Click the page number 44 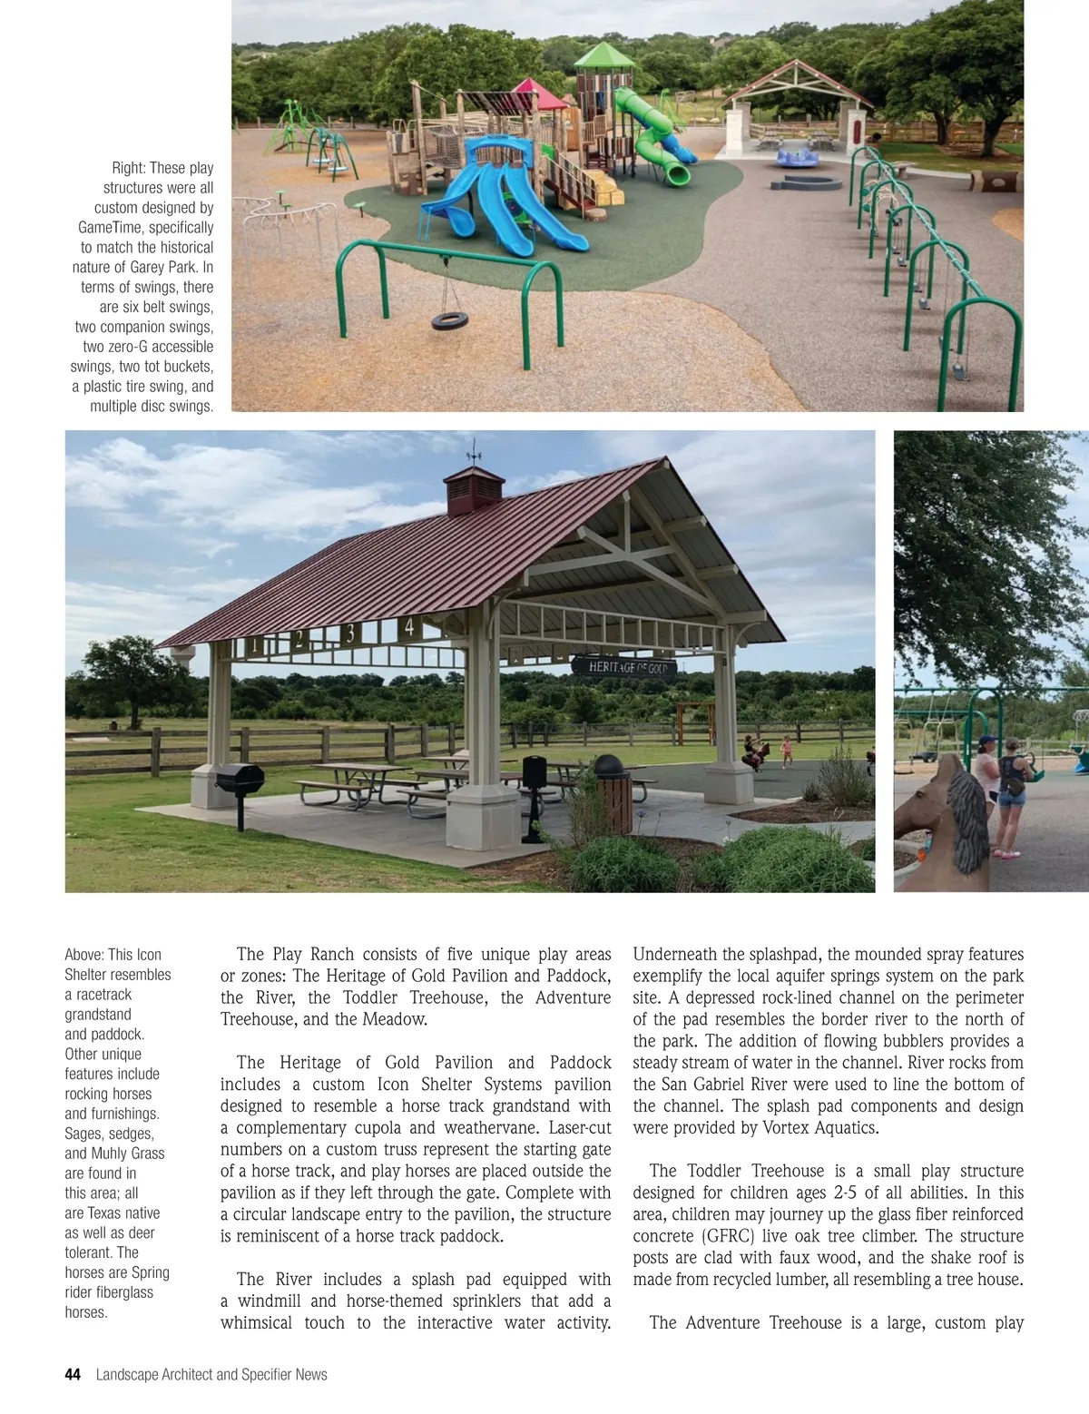coord(73,1375)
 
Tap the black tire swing coord(449,320)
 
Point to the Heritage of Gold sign coord(627,668)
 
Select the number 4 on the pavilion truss coord(409,627)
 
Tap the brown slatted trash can coord(613,801)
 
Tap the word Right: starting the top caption coord(128,168)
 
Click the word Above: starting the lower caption coord(83,955)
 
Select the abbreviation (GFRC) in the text coord(731,1236)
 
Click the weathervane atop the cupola coord(474,451)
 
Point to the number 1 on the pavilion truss coord(255,645)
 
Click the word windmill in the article coord(270,1301)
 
